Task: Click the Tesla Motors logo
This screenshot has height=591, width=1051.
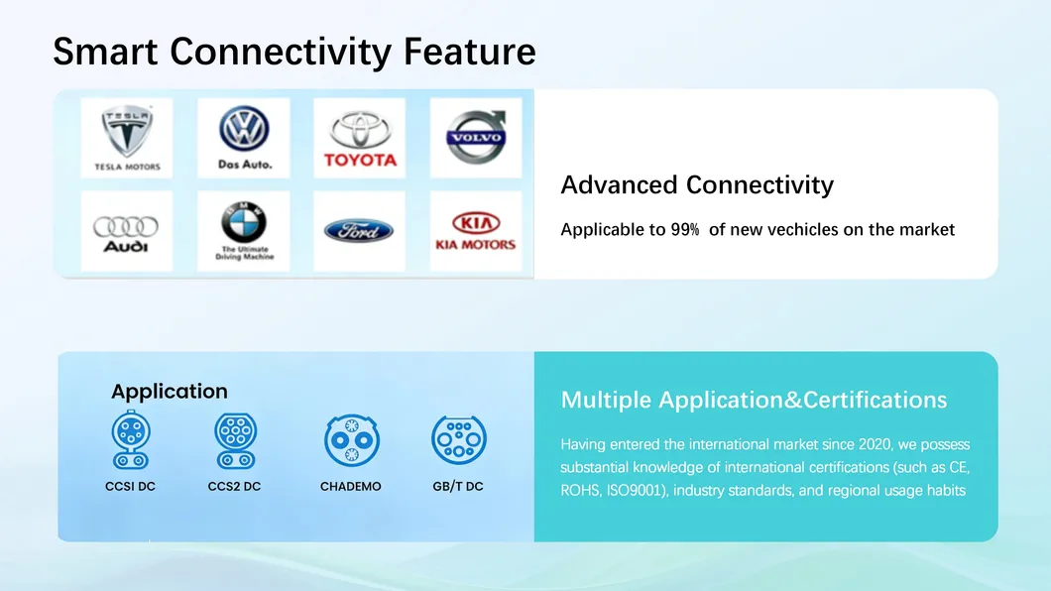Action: click(x=127, y=137)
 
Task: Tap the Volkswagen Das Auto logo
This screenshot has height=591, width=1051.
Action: click(x=244, y=137)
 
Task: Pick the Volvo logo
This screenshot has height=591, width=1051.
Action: click(x=476, y=137)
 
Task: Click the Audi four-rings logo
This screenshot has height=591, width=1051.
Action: click(x=126, y=231)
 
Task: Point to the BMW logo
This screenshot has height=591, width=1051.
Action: click(x=244, y=231)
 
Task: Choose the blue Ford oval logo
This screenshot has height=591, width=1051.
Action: click(x=359, y=231)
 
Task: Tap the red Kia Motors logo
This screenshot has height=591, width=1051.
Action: click(x=476, y=231)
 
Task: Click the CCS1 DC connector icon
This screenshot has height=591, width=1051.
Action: click(x=130, y=440)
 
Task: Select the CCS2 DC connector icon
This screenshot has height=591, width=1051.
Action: click(x=235, y=440)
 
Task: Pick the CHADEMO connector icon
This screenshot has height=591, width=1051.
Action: click(x=351, y=440)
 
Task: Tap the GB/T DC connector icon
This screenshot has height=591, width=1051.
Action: click(x=458, y=439)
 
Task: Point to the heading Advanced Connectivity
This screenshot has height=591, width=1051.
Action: click(x=697, y=185)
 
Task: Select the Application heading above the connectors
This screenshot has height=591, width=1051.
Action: click(x=170, y=392)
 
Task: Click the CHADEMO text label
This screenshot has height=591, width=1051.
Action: click(x=351, y=487)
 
